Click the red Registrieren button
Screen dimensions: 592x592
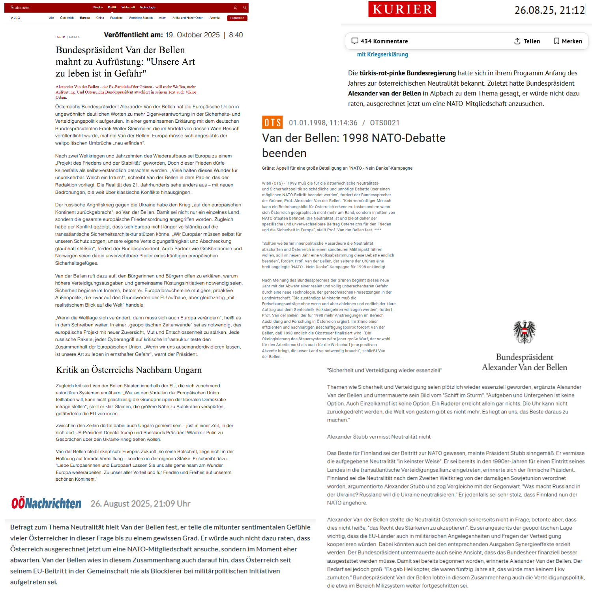tap(237, 18)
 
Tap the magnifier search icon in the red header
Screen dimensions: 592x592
tap(245, 7)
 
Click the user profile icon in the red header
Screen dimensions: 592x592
tap(235, 7)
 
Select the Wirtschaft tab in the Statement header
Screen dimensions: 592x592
tap(128, 7)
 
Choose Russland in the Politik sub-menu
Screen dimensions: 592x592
tap(116, 18)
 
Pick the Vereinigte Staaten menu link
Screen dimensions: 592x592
tap(141, 18)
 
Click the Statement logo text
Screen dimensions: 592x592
tap(20, 7)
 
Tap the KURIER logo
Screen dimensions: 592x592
tap(402, 9)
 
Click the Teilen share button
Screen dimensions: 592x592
tap(527, 41)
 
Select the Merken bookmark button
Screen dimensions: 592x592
tap(568, 41)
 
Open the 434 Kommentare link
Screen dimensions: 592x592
tap(379, 41)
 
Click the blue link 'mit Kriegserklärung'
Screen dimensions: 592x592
tap(382, 54)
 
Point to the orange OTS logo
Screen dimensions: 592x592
tap(272, 122)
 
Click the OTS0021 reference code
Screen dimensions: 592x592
tap(384, 123)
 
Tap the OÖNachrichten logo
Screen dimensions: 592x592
tap(47, 503)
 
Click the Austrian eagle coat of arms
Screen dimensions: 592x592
tap(524, 332)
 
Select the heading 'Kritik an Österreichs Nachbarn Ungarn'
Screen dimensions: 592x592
tap(129, 370)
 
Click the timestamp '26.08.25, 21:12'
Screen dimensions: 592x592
tap(549, 10)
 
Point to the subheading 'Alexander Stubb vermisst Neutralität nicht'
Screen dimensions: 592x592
tap(378, 437)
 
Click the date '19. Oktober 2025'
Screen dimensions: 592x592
tap(193, 35)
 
